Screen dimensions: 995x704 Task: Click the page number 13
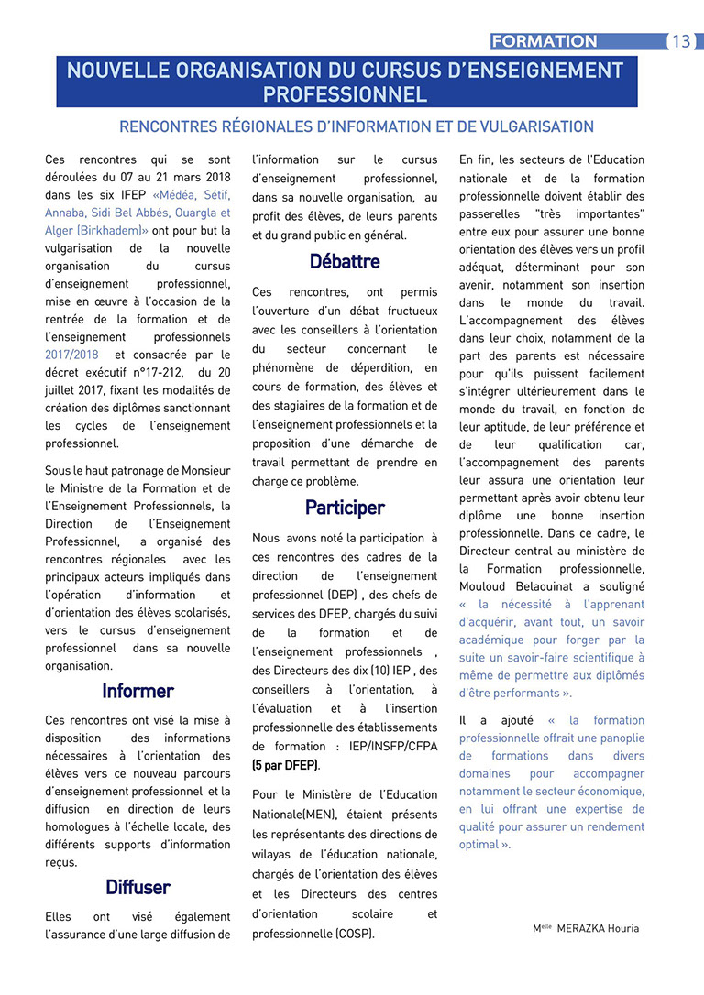tap(681, 41)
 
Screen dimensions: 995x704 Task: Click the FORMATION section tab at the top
tap(544, 41)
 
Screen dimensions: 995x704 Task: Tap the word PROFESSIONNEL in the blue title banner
tap(345, 94)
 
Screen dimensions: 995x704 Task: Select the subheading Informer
tap(137, 690)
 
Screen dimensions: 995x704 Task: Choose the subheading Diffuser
tap(137, 887)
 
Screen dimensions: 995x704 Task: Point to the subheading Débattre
tap(345, 261)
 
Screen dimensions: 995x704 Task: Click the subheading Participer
tap(345, 507)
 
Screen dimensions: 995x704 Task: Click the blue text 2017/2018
tap(71, 355)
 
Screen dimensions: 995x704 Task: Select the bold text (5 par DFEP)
tap(286, 765)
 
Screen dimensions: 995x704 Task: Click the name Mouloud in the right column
tap(485, 586)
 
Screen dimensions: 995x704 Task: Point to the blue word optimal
tap(478, 845)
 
